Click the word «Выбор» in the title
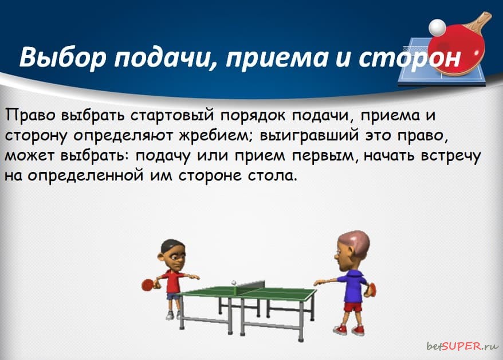tap(62, 57)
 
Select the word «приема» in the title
tap(277, 58)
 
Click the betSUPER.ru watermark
tap(463, 346)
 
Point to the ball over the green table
tap(234, 283)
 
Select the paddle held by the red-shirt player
tap(148, 284)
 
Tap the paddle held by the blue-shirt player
tap(372, 289)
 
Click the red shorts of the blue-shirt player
tap(353, 307)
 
